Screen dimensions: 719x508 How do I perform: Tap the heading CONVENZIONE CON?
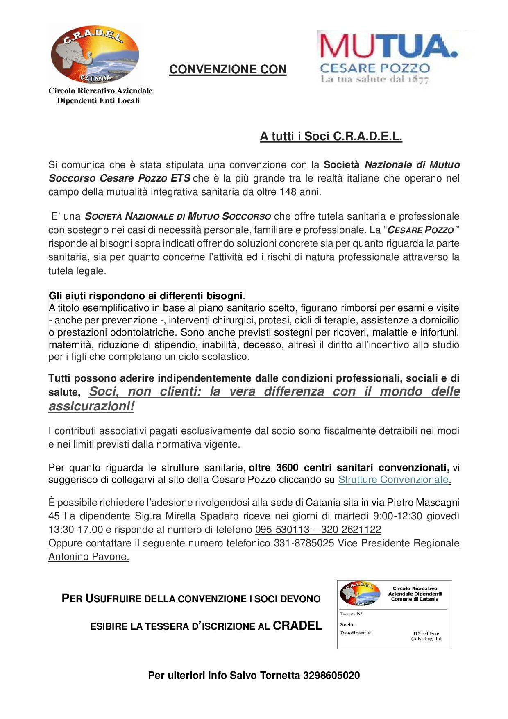pos(228,70)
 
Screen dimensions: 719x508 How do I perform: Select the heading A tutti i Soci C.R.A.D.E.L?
pos(331,137)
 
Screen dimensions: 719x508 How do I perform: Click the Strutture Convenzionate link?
pos(393,480)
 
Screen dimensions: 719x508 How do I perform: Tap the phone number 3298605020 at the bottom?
pos(331,675)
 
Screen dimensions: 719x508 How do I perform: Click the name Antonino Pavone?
pos(88,557)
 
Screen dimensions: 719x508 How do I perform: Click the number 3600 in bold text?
pos(288,468)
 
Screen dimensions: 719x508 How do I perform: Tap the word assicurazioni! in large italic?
pos(91,406)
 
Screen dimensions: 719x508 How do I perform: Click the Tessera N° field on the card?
pos(352,614)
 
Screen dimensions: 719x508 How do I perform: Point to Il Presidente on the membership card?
pos(426,633)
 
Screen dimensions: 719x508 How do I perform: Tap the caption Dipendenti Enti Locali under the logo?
pos(98,101)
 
